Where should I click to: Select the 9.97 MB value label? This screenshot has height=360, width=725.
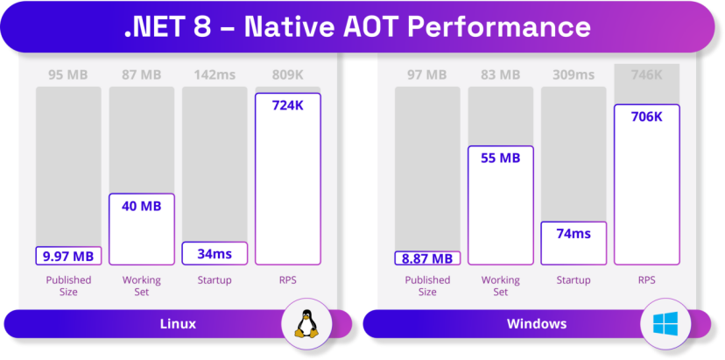(x=68, y=256)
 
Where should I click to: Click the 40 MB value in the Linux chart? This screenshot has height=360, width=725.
(x=142, y=207)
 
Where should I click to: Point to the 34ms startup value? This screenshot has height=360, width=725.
(x=215, y=254)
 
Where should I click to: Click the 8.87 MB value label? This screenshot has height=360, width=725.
(x=427, y=258)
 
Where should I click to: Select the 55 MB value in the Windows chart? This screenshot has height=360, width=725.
(x=500, y=159)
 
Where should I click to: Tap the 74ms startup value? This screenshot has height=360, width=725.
(x=574, y=234)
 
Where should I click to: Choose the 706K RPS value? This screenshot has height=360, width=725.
(x=646, y=116)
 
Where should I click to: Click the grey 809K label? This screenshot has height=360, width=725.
(x=288, y=75)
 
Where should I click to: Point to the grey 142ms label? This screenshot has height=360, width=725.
(x=215, y=75)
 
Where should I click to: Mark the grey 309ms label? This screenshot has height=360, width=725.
(x=574, y=75)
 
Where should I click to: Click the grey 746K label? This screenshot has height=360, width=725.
(x=646, y=75)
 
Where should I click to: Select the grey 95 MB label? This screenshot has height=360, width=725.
(x=68, y=75)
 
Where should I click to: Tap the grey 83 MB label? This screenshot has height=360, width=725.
(x=500, y=75)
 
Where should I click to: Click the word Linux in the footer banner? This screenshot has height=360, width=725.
(x=178, y=324)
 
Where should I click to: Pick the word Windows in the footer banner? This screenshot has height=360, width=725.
(x=537, y=324)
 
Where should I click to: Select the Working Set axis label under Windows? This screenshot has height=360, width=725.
(x=500, y=286)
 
